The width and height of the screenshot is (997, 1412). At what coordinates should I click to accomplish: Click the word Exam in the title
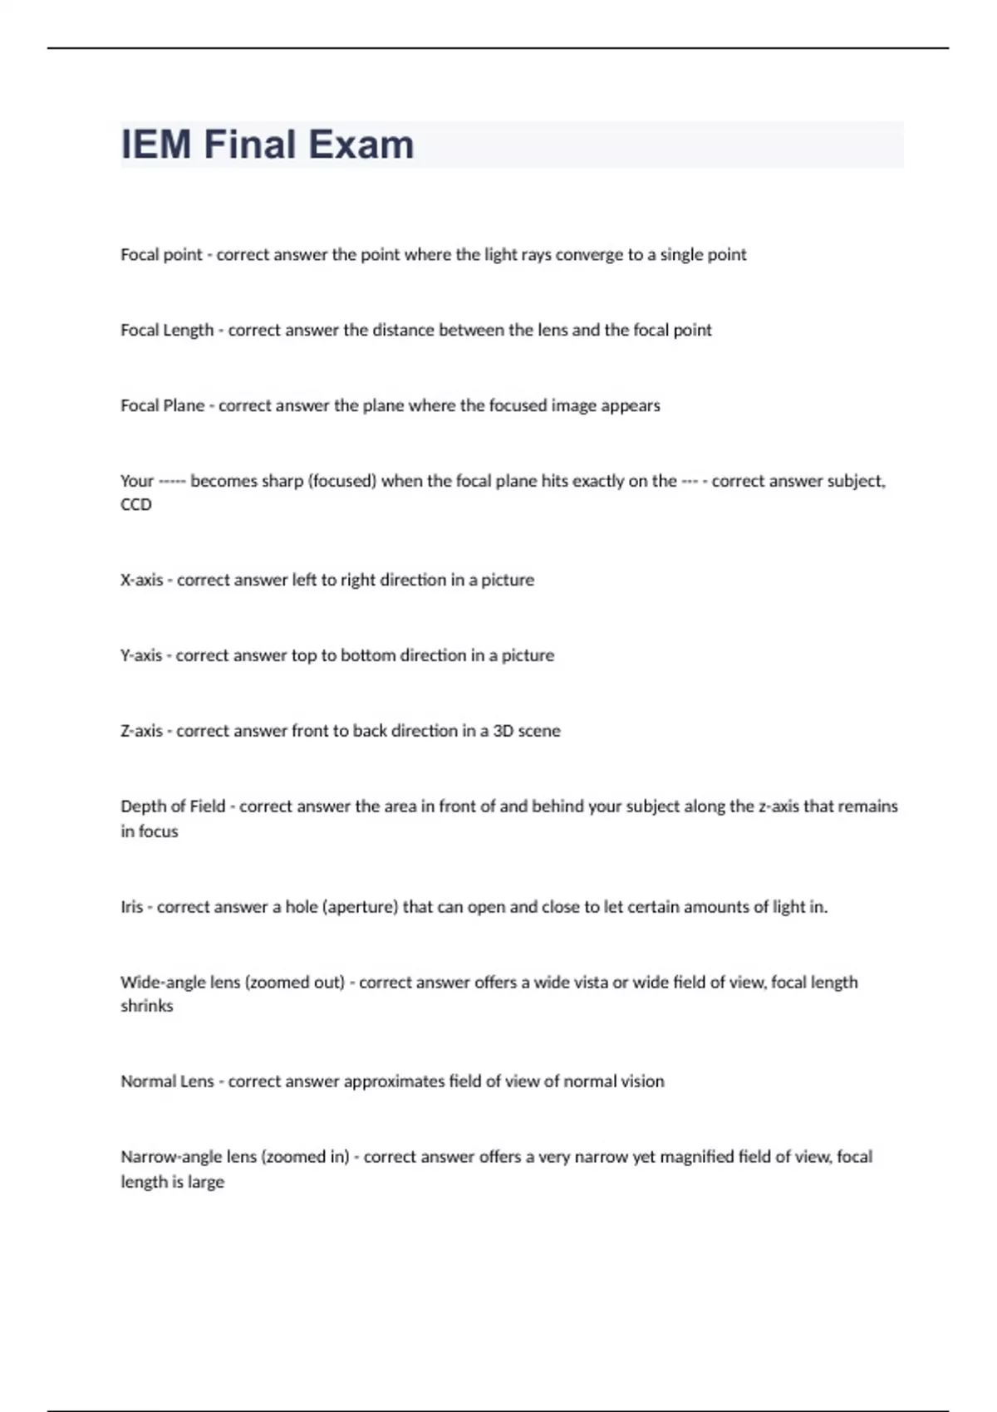[x=361, y=145]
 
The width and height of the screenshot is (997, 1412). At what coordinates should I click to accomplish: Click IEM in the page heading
[x=156, y=145]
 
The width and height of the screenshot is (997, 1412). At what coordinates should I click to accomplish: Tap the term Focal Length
[x=167, y=331]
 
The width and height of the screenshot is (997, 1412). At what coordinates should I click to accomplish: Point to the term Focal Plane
[x=162, y=406]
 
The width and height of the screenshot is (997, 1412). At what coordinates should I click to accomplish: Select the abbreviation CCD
[x=136, y=505]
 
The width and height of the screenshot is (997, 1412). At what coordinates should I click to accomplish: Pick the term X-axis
[x=141, y=581]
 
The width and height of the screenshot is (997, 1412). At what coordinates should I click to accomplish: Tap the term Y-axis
[x=141, y=656]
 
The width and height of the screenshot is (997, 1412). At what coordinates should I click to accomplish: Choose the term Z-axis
[x=141, y=732]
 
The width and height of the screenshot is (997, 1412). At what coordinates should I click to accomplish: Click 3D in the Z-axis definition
[x=503, y=732]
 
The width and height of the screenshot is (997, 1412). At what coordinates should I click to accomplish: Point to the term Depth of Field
[x=173, y=807]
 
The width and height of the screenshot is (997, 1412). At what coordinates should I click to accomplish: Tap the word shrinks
[x=147, y=1006]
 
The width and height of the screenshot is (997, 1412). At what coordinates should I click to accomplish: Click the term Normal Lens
[x=167, y=1081]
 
